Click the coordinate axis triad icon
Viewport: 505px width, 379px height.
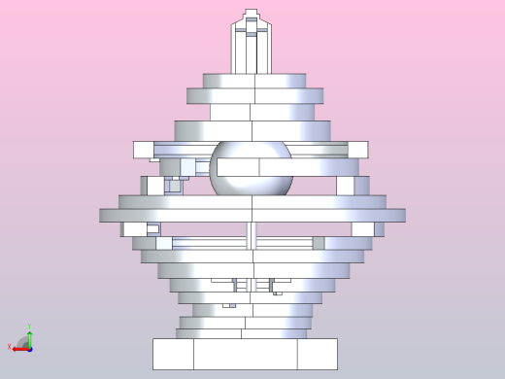[x=25, y=343]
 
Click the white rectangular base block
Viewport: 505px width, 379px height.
[x=245, y=354]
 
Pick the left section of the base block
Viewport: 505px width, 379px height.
[x=173, y=354]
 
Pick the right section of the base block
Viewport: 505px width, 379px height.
[x=317, y=354]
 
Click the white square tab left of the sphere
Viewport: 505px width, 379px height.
[x=143, y=150]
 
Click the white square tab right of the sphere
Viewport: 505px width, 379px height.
[x=357, y=150]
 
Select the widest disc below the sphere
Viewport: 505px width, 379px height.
[x=252, y=215]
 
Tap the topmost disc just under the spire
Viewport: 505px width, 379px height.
[x=253, y=81]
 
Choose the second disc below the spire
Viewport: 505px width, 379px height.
[x=254, y=95]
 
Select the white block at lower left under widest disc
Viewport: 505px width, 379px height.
[x=135, y=229]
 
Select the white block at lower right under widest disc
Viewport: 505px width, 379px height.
[x=363, y=229]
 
